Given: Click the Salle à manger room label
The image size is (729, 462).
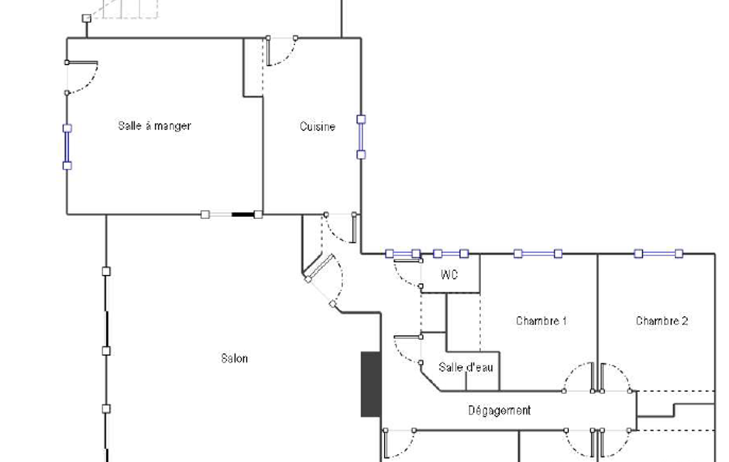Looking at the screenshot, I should coord(154,126).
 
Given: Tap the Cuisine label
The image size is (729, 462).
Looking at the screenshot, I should coord(317,127).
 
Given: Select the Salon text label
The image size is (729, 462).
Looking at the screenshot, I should coord(234,358).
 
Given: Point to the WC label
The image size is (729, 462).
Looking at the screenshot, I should coord(449,275).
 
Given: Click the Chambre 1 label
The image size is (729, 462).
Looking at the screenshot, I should coord(541,321).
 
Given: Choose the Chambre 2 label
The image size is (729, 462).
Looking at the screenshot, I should coord(661,321).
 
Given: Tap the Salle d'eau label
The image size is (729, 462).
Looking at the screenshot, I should coord(466,367).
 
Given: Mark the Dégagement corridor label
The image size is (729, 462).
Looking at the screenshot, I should coord(499,410).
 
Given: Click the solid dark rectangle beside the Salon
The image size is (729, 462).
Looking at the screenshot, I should coord(371,384).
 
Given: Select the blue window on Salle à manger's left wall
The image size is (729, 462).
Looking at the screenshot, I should coord(68,147).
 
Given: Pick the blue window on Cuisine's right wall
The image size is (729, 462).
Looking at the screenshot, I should coord(361,137).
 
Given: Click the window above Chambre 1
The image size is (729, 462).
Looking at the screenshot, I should coord(538,253).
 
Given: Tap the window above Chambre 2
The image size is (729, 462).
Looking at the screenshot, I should coord(659,253).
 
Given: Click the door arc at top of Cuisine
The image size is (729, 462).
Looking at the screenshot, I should coord(282,53).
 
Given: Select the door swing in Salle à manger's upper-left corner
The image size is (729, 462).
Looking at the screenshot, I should coord(84,77).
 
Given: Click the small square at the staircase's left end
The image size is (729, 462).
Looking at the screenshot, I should coord(86,18).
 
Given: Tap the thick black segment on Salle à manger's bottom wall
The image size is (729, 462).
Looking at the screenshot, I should coord(243,214).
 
